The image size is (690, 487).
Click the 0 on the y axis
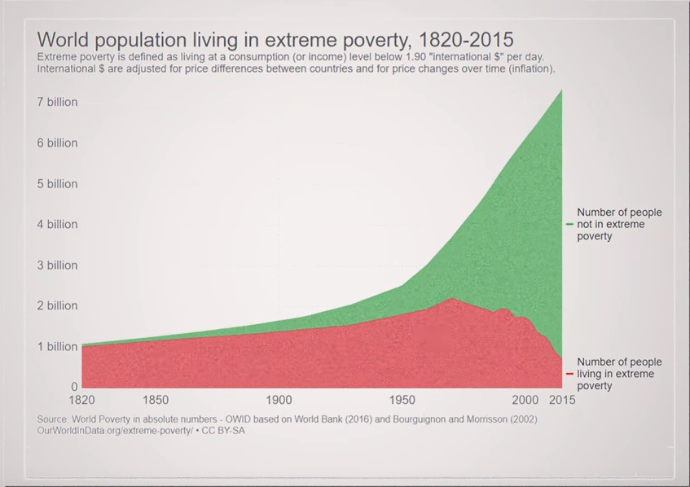pos(75,387)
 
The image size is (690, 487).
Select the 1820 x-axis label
pos(81,400)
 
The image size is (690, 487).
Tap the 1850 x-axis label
pos(156,400)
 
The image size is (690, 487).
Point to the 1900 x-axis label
pos(279,400)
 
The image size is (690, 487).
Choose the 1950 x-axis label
pos(402,400)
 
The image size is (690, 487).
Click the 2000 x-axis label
pos(525,400)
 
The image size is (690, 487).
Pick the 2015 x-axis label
pos(562,400)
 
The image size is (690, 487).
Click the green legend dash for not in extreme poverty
pos(569,224)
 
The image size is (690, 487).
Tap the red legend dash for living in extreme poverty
pos(569,374)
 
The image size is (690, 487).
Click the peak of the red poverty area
pos(451,300)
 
